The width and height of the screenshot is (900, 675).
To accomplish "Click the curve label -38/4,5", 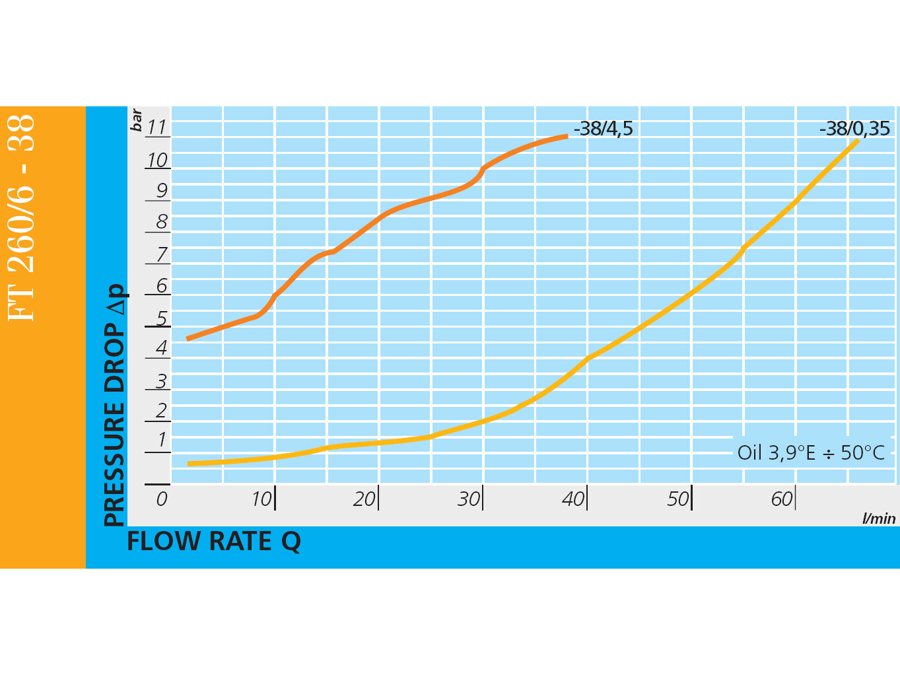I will tap(603, 129).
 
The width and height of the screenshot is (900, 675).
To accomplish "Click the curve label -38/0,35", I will tap(854, 129).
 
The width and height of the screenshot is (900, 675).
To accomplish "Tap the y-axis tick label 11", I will tap(156, 127).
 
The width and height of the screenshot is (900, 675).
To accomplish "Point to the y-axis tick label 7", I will tap(161, 254).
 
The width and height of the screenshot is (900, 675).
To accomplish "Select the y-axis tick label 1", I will tap(161, 441).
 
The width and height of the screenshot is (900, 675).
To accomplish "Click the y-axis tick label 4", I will tap(161, 348).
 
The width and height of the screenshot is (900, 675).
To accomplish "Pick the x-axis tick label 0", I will tap(162, 499).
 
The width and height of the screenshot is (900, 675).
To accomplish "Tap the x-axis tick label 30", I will tap(469, 499).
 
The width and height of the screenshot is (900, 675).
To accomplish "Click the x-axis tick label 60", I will tap(782, 499).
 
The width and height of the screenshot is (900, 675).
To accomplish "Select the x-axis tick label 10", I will tap(261, 499).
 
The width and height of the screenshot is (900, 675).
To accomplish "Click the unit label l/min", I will tap(879, 518).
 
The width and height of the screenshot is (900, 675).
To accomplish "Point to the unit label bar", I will tap(137, 120).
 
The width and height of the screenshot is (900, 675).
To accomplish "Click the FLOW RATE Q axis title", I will tap(213, 542).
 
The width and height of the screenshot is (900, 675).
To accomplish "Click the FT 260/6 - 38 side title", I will tap(22, 218).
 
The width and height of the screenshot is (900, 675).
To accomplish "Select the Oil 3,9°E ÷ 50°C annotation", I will tap(811, 453).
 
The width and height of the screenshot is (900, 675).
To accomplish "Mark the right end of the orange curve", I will tap(567, 136).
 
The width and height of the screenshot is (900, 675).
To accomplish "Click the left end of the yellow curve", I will tap(189, 464).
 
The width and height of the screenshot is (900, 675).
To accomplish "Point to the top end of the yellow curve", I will tap(857, 140).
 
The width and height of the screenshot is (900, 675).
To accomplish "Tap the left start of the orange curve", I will tap(188, 339).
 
